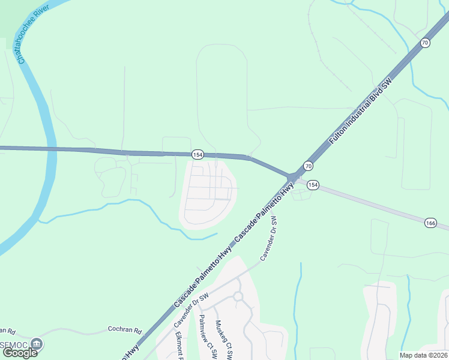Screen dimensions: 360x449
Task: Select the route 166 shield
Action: tap(430, 223)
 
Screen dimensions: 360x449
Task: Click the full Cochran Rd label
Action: tap(124, 329)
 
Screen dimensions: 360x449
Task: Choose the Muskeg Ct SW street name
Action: tap(224, 339)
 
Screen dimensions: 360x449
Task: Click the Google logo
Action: tap(20, 352)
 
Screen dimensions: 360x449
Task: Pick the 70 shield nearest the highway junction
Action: tap(308, 165)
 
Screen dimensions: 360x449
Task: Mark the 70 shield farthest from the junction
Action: tap(425, 43)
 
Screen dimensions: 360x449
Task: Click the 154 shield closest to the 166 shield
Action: tap(313, 185)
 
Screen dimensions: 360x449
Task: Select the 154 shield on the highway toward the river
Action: tap(197, 154)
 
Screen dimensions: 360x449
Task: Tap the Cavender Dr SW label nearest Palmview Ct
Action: tap(191, 310)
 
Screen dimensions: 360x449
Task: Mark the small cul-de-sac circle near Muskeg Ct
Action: tap(238, 296)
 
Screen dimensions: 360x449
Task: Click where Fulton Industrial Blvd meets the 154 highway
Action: tap(292, 177)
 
